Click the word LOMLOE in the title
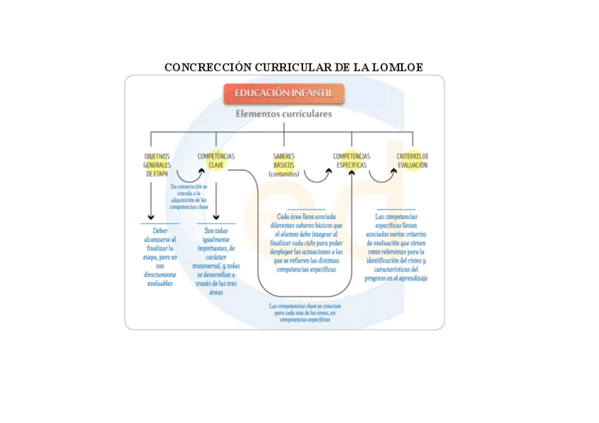(398, 67)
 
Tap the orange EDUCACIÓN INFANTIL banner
(284, 93)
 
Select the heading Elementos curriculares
(284, 114)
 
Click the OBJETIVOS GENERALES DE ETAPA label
(157, 165)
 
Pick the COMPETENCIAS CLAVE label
(216, 160)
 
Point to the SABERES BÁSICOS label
(284, 165)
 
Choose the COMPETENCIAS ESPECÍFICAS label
(351, 160)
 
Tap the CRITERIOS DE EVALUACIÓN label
(413, 160)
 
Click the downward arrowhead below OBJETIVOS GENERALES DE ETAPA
(150, 217)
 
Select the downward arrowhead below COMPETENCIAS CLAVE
(216, 217)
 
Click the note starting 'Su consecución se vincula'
(189, 197)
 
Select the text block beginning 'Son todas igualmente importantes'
(216, 261)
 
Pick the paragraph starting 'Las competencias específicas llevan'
(396, 247)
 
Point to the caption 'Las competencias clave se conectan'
(305, 312)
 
